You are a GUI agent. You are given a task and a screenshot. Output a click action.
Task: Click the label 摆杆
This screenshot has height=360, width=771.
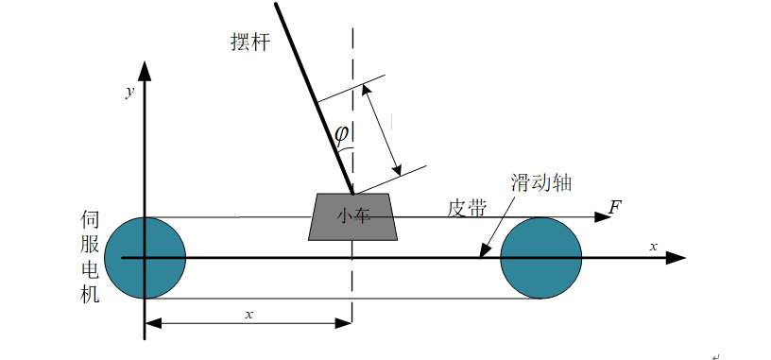[x=249, y=43]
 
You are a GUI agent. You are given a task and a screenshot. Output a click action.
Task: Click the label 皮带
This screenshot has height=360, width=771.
[x=467, y=206]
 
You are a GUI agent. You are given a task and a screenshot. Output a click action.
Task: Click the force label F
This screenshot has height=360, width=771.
[x=615, y=207]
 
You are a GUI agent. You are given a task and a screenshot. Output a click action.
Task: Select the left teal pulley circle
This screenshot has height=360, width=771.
[x=145, y=257]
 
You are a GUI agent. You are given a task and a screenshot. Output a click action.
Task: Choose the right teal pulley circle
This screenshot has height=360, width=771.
[x=540, y=257]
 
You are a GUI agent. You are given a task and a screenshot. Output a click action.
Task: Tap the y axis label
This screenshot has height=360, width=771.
[x=128, y=92]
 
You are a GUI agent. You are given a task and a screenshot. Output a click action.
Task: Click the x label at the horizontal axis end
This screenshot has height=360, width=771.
[x=653, y=246]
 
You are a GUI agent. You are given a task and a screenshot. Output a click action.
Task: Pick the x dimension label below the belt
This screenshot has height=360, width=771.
[x=249, y=313]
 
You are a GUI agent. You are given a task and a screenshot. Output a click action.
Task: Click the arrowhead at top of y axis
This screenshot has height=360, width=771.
[x=145, y=71]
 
